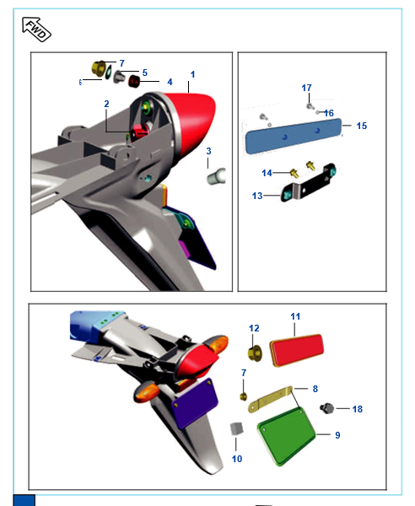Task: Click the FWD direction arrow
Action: [36, 30]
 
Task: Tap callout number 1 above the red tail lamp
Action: [192, 74]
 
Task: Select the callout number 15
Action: [361, 126]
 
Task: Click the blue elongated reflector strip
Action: [293, 136]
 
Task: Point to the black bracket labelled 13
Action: [308, 183]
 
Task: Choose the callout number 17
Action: [306, 88]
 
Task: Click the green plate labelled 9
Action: [287, 437]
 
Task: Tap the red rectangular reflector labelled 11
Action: [297, 350]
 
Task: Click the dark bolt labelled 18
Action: [327, 408]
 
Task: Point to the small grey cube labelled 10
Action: [236, 428]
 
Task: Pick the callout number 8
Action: [315, 389]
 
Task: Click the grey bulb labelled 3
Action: [216, 176]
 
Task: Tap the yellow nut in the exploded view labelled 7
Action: [99, 68]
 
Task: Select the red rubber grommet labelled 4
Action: [134, 81]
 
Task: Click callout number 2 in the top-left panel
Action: [106, 104]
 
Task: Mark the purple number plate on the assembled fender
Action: [194, 403]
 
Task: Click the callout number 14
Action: [267, 173]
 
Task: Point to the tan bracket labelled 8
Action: [270, 400]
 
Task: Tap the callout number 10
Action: [237, 459]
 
